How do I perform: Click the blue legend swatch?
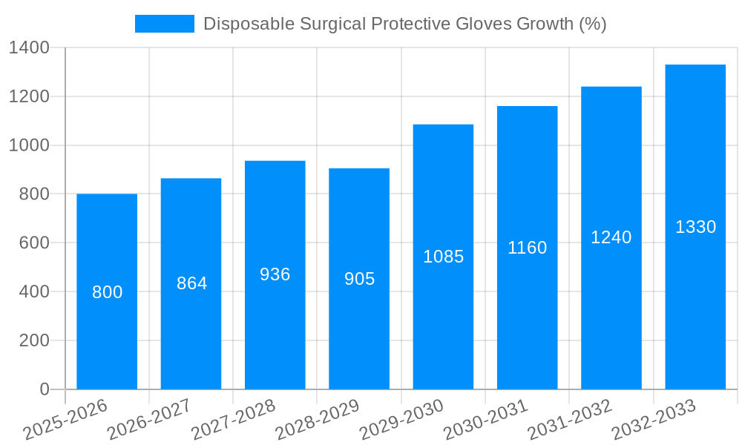point(164,24)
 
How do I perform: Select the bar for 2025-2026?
point(107,334)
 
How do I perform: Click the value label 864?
point(191,283)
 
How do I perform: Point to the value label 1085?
point(443,257)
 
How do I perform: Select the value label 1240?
point(611,237)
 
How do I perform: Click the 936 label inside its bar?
point(275,274)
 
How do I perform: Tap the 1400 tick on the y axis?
point(29,48)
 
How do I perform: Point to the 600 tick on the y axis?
point(33,243)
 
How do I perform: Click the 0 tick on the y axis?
point(44,389)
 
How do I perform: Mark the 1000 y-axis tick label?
point(29,145)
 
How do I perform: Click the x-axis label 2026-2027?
point(149,420)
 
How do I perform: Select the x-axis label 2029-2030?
point(401,420)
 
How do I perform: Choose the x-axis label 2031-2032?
point(569,420)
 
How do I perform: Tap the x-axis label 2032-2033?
point(654,420)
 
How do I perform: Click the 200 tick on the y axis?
point(33,340)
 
